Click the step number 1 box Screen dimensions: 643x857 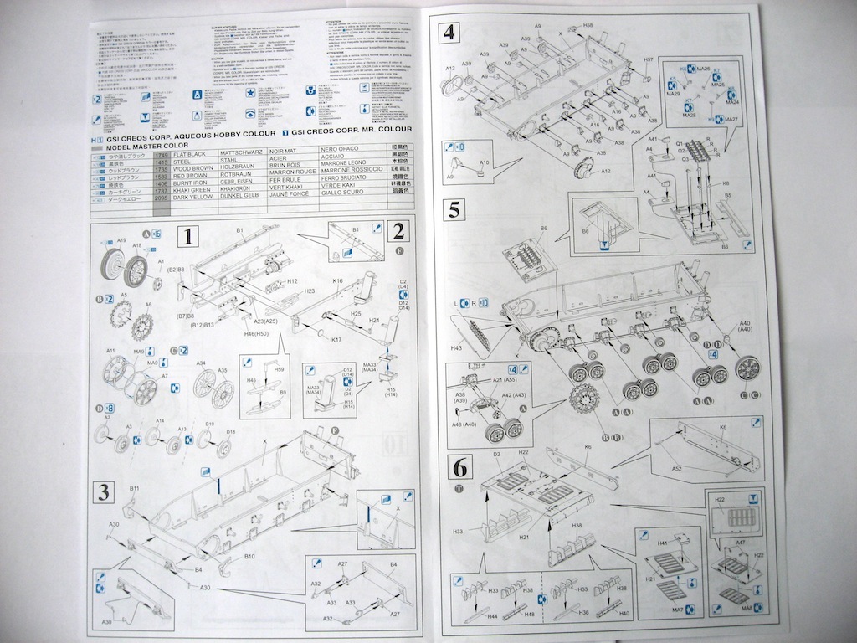pyautogui.click(x=188, y=237)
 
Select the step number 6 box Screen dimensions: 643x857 pyautogui.click(x=459, y=466)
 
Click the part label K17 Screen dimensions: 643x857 pyautogui.click(x=336, y=340)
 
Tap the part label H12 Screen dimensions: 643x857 pyautogui.click(x=293, y=281)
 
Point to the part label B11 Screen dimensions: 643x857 pyautogui.click(x=134, y=487)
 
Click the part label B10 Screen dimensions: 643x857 pyautogui.click(x=249, y=556)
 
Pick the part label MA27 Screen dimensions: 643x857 pyautogui.click(x=731, y=120)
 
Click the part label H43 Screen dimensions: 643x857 pyautogui.click(x=457, y=347)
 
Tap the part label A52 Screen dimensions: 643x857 pyautogui.click(x=676, y=468)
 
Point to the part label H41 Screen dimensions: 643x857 pyautogui.click(x=662, y=543)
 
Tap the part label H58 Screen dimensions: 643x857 pyautogui.click(x=588, y=26)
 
